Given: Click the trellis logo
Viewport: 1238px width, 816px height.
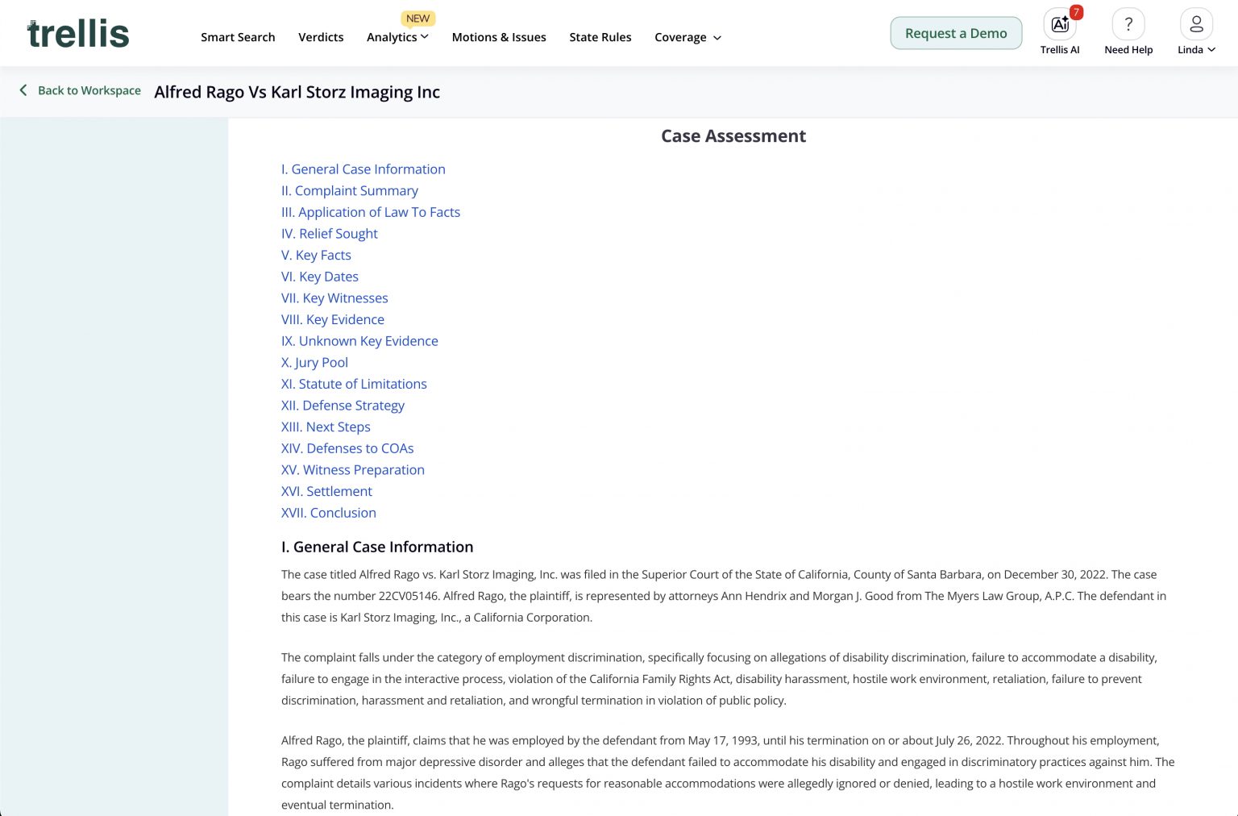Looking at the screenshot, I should (x=78, y=33).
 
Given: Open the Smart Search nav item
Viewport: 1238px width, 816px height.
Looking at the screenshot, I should (x=238, y=37).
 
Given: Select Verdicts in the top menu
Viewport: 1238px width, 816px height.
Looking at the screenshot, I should (x=321, y=37).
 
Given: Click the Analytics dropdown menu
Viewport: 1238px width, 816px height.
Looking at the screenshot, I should (x=397, y=37).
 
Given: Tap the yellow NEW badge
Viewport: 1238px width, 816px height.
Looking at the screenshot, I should (x=418, y=19).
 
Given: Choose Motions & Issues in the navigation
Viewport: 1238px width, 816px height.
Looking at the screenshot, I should (x=499, y=37).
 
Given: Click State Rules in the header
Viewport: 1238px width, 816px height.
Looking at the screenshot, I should (x=600, y=37).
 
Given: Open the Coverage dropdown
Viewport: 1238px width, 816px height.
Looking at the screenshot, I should (x=688, y=37).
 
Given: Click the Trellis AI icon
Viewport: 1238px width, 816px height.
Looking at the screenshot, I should (x=1059, y=25).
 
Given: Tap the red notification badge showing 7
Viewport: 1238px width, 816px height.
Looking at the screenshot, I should (x=1076, y=12).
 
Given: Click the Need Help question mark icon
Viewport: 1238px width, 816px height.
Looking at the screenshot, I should (x=1128, y=25).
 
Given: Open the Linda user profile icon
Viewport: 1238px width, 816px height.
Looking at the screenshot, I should (x=1196, y=25).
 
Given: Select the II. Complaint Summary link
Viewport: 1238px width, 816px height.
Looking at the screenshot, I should (x=350, y=191).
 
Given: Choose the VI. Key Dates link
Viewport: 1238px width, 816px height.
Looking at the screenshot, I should (x=320, y=277).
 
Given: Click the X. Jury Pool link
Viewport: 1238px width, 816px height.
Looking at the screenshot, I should (x=314, y=363).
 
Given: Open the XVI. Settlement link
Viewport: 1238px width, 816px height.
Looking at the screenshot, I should (x=326, y=491).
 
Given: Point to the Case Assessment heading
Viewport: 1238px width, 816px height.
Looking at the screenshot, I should (x=733, y=136).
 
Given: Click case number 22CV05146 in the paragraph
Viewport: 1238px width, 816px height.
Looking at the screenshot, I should (x=409, y=596).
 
